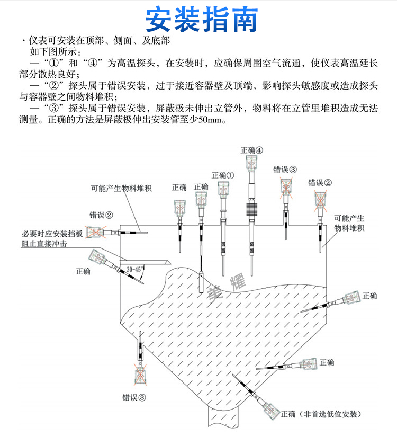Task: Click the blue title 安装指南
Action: pos(202,20)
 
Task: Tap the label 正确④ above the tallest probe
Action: pos(252,150)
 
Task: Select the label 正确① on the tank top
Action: pos(223,175)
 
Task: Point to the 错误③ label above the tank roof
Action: pos(285,170)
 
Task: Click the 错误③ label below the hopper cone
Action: pos(134,397)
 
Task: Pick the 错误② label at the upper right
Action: pos(320,183)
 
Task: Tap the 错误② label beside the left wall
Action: pos(101,215)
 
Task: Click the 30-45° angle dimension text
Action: pos(135,269)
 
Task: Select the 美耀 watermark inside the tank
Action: pos(227,288)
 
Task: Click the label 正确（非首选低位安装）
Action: pos(321,414)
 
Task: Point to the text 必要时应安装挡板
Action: pos(52,234)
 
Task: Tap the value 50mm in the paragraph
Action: pos(210,120)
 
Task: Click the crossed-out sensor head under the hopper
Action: pos(141,376)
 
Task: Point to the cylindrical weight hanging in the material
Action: pos(201,282)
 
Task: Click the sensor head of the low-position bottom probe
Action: pos(272,411)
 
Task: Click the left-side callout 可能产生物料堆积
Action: pos(121,189)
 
